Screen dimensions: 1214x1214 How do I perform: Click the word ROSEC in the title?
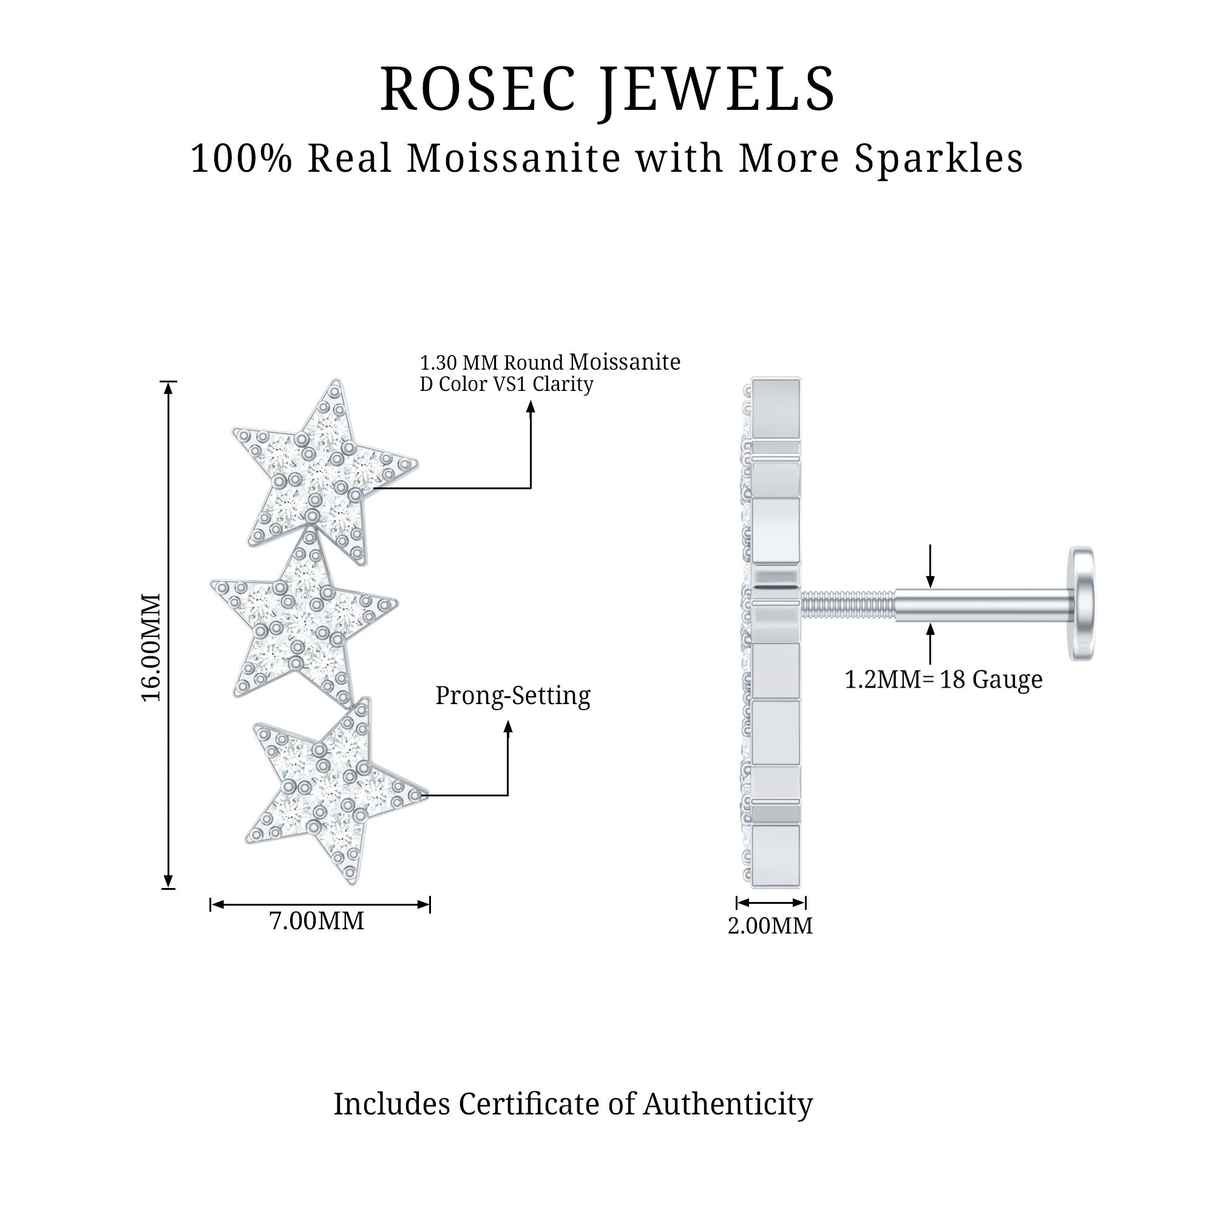pyautogui.click(x=478, y=89)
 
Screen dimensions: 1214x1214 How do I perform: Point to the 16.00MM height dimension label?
pyautogui.click(x=151, y=646)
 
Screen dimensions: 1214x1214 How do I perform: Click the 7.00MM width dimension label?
pyautogui.click(x=317, y=921)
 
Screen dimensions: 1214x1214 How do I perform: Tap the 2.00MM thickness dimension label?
pyautogui.click(x=770, y=926)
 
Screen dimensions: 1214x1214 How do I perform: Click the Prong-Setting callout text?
pyautogui.click(x=513, y=696)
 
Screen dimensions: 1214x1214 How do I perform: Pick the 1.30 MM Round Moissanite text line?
pyautogui.click(x=550, y=362)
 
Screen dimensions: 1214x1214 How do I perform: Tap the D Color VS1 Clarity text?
pyautogui.click(x=506, y=384)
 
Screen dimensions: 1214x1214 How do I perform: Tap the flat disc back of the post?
pyautogui.click(x=1082, y=604)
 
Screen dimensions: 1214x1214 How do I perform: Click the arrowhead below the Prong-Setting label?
pyautogui.click(x=508, y=727)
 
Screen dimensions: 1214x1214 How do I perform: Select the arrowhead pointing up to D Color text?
pyautogui.click(x=531, y=407)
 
